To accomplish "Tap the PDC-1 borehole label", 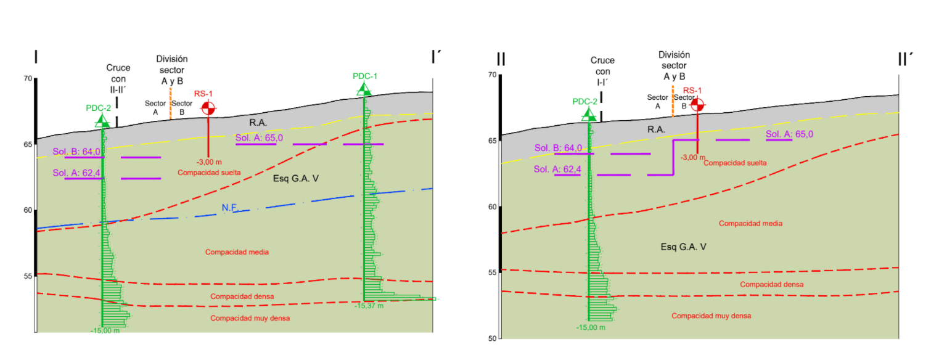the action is pos(365,76).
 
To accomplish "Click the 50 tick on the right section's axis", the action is pos(492,338).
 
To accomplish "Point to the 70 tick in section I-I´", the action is pos(27,78).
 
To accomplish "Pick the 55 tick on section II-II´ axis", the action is pos(492,272).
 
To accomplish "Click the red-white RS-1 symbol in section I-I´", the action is pos(208,108).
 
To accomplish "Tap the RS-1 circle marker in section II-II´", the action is pos(697,105).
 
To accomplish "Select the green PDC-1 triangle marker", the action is pos(364,90).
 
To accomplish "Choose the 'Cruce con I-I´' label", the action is pos(602,71).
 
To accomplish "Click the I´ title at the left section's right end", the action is pos(436,57).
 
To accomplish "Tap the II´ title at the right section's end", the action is pos(904,59).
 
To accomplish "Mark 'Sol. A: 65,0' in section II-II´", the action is pos(789,134).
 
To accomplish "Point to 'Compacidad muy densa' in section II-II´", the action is pos(711,316).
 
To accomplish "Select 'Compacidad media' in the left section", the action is pos(237,252).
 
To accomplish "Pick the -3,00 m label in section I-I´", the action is pos(208,162).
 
